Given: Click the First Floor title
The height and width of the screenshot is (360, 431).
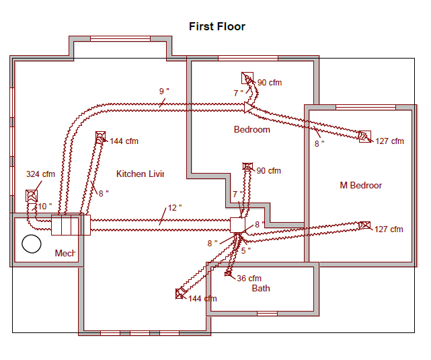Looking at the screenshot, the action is pos(217,27).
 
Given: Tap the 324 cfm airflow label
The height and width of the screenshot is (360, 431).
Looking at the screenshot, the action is pos(40,174).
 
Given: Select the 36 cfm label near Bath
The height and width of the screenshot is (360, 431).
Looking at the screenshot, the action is pos(249,279).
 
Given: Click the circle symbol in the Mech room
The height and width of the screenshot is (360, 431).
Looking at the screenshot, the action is pos(32,244).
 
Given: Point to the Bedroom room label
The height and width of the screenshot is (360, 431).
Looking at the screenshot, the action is pos(251,130).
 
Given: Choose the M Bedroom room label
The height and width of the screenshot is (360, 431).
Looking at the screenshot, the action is pos(360,185).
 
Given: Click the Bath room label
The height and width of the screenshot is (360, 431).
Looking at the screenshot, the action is pos(261,288).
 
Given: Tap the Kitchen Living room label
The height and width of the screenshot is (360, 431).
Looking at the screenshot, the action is pos(140,174).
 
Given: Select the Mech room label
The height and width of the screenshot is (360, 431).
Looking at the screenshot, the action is pos(65,253).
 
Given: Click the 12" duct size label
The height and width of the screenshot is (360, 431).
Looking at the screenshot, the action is pos(175,208).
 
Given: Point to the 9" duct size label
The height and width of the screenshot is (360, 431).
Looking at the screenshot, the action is pos(164,91).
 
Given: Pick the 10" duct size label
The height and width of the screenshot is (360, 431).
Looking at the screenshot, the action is pos(45,207).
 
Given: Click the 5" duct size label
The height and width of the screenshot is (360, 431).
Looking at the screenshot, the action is pos(245,250).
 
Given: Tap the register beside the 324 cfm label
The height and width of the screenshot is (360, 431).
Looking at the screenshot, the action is pos(32,196).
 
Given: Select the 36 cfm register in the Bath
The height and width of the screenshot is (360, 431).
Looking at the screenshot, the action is pos(228,273).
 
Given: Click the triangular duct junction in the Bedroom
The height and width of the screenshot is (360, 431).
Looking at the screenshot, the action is pos(249,108).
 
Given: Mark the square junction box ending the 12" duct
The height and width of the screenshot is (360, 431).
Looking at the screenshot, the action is pos(237,225).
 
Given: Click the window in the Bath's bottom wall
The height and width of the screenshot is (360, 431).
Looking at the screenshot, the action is pos(267,314).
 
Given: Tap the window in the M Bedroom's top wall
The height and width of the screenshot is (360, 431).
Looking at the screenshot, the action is pos(366,107).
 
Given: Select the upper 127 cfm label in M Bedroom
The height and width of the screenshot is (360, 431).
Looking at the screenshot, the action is pos(389,141).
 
